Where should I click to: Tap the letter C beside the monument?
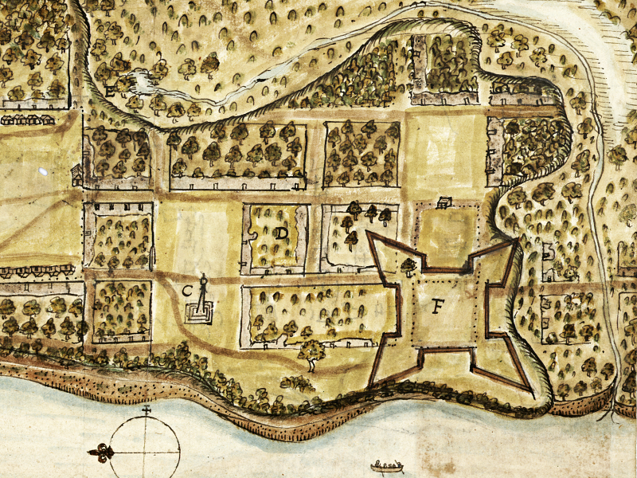click(x=188, y=290)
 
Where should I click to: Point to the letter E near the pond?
click(x=111, y=90)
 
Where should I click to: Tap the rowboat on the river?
click(x=386, y=464)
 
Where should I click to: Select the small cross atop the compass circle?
click(x=146, y=411)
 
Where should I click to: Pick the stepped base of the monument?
click(x=203, y=314)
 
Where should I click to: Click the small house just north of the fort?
click(x=444, y=203)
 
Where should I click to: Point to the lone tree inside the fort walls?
click(x=409, y=265)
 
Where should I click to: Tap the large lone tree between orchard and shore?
click(x=312, y=352)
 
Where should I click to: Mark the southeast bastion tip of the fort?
click(x=529, y=392)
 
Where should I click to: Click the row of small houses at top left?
click(x=28, y=119)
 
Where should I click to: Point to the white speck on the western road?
click(x=41, y=171)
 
